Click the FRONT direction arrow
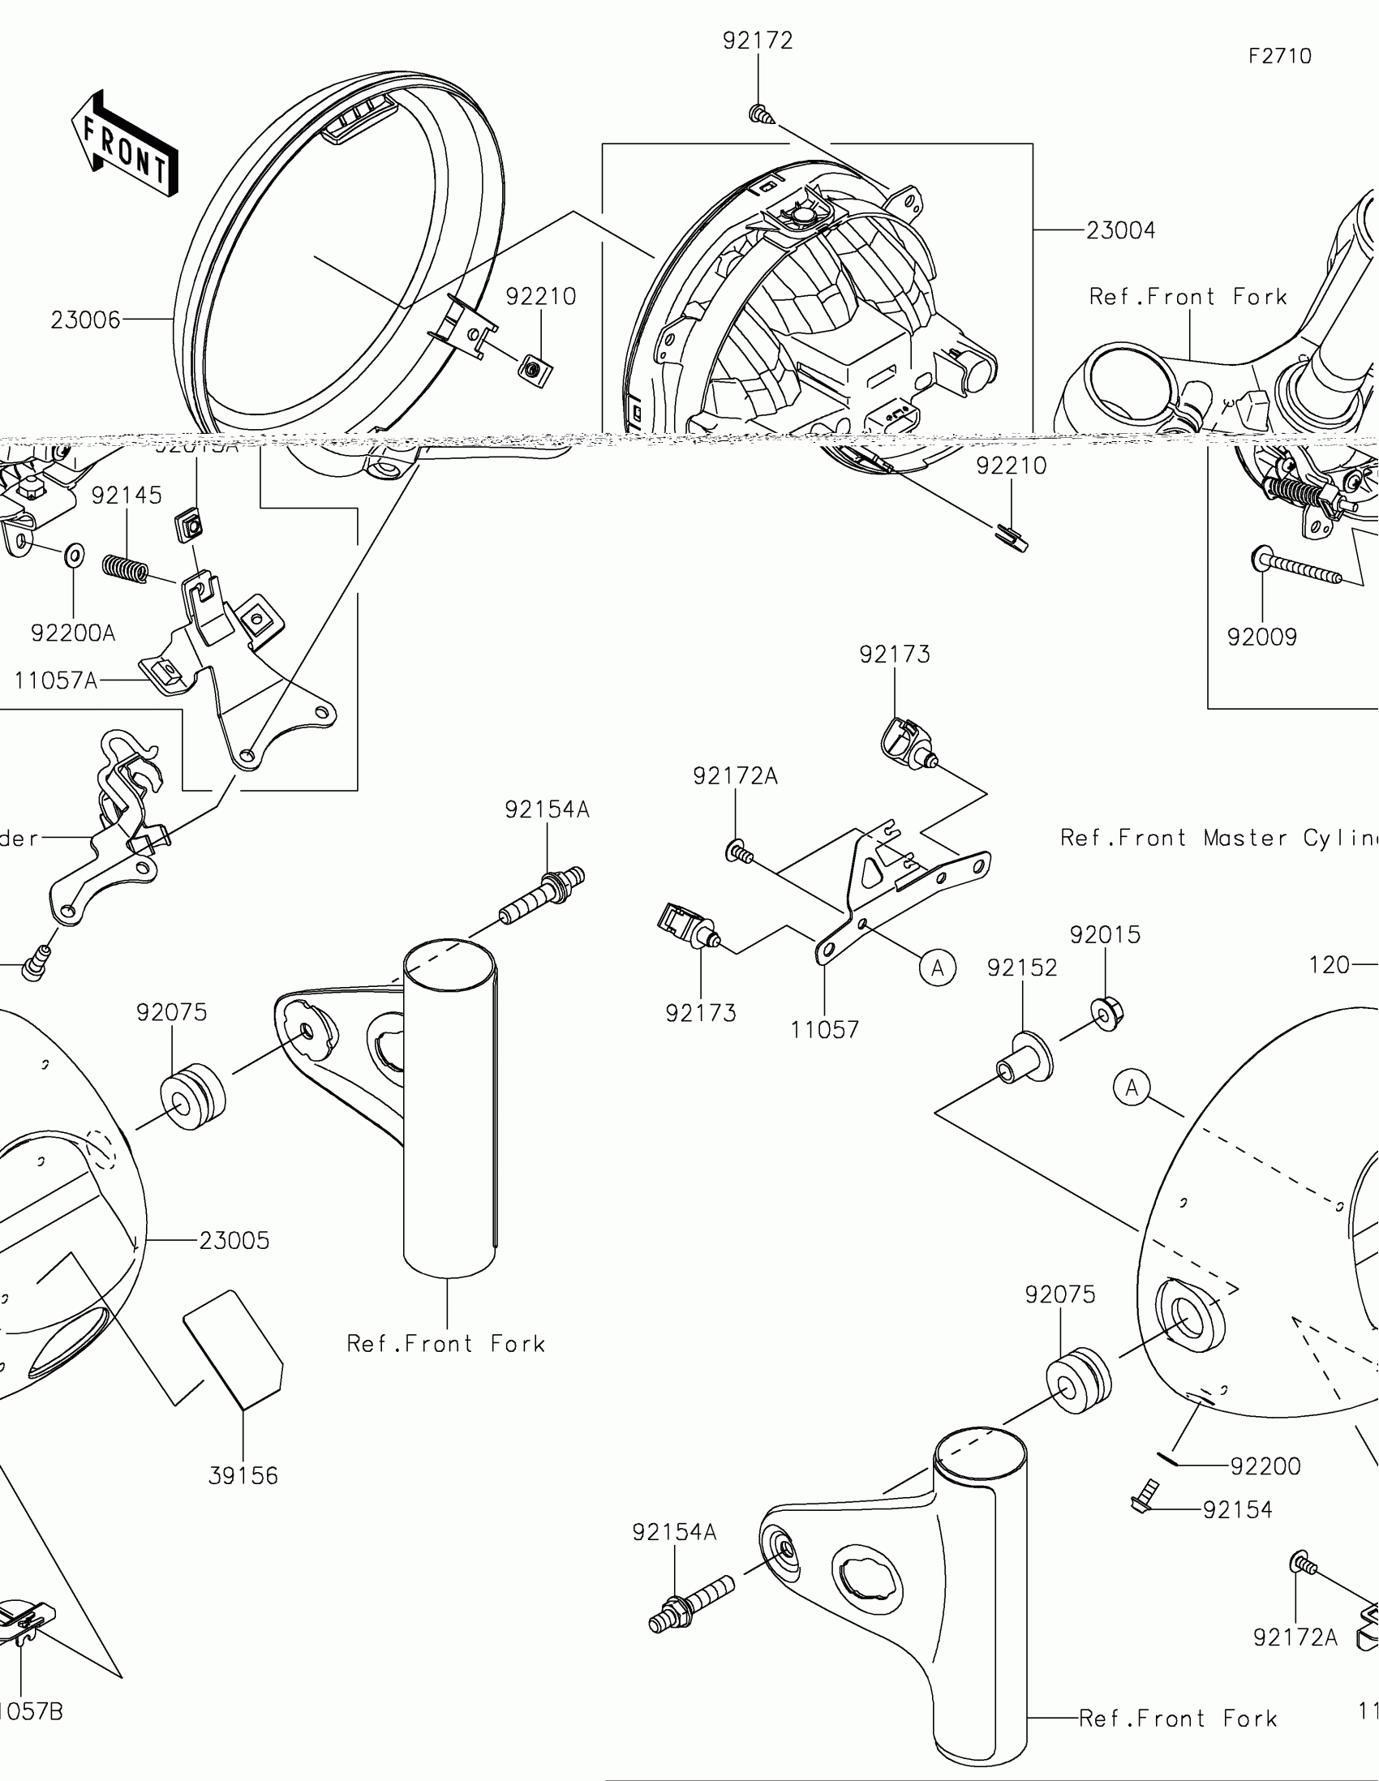125,144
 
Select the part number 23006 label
85,320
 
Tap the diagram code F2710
1279,56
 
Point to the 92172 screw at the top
759,114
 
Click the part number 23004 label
1120,231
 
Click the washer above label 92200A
73,556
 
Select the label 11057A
55,680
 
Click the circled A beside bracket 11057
937,968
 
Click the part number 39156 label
243,1476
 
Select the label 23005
234,1240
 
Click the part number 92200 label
1265,1466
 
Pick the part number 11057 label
824,1030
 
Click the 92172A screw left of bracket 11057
737,853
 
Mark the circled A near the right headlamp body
1132,1088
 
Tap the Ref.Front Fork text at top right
1188,297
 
